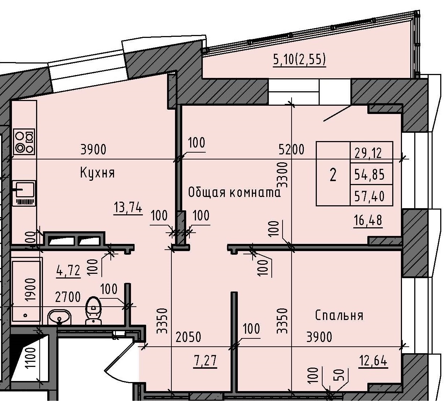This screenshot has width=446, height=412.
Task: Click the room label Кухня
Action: pos(97,173)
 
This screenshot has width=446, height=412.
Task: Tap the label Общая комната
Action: pos(234,192)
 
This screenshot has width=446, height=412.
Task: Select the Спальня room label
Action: pos(339,316)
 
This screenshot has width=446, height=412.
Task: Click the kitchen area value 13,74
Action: pos(128,208)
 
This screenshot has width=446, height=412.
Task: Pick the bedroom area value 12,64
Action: pos(373,360)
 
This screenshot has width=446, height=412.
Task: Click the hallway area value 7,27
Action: pos(205,360)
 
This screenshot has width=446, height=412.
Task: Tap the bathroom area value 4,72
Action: pos(68,270)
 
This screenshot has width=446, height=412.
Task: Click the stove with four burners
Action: pos(24,141)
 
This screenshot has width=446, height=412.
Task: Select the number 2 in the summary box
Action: pos(333,175)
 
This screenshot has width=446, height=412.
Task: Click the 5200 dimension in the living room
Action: pos(291,149)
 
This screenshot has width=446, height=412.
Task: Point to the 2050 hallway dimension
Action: pos(188,337)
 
